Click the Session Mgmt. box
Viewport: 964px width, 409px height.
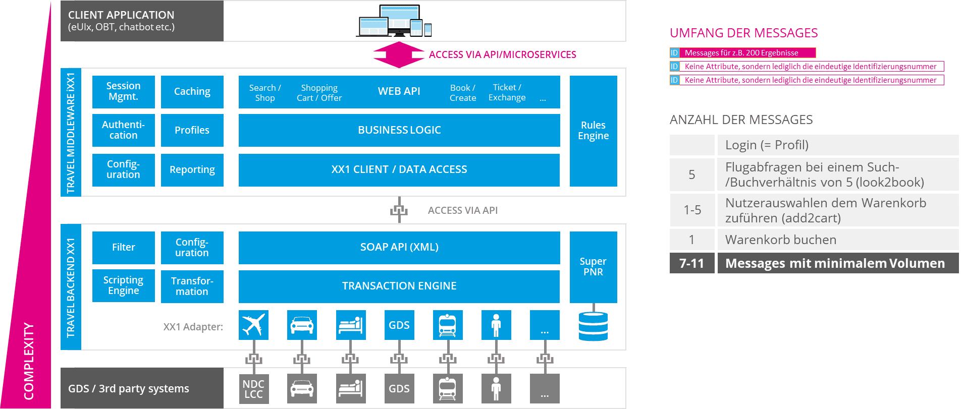123,92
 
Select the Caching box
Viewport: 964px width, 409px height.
192,92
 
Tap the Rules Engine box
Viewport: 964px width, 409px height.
593,131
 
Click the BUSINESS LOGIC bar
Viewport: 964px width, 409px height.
399,130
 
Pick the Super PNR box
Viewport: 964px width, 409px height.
593,267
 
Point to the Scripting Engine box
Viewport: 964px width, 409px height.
123,286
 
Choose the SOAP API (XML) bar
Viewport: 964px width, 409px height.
399,247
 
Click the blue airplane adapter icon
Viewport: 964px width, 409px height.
253,325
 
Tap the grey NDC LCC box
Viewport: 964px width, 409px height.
253,389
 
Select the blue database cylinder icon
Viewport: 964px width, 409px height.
593,326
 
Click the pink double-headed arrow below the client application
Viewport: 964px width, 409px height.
399,54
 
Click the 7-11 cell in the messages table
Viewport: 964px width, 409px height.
691,263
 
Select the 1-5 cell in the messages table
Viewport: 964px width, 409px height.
691,210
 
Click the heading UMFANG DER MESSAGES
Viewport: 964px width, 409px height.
743,33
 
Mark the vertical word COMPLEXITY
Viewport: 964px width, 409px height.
29,361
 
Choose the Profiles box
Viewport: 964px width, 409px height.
192,130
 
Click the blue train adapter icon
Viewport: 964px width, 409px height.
447,325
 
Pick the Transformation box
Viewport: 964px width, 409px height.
192,286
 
